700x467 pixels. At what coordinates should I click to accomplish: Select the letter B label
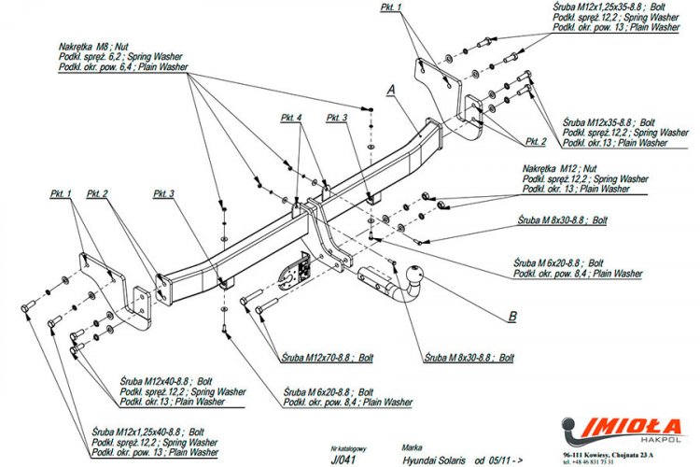pyautogui.click(x=511, y=317)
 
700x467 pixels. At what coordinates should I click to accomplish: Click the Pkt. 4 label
pyautogui.click(x=291, y=119)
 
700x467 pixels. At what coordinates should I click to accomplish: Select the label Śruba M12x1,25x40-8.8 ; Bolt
pyautogui.click(x=149, y=432)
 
